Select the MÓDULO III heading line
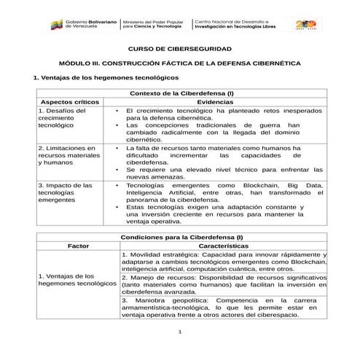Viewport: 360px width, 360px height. [x=179, y=63]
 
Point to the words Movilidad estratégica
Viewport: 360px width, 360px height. [x=166, y=254]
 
